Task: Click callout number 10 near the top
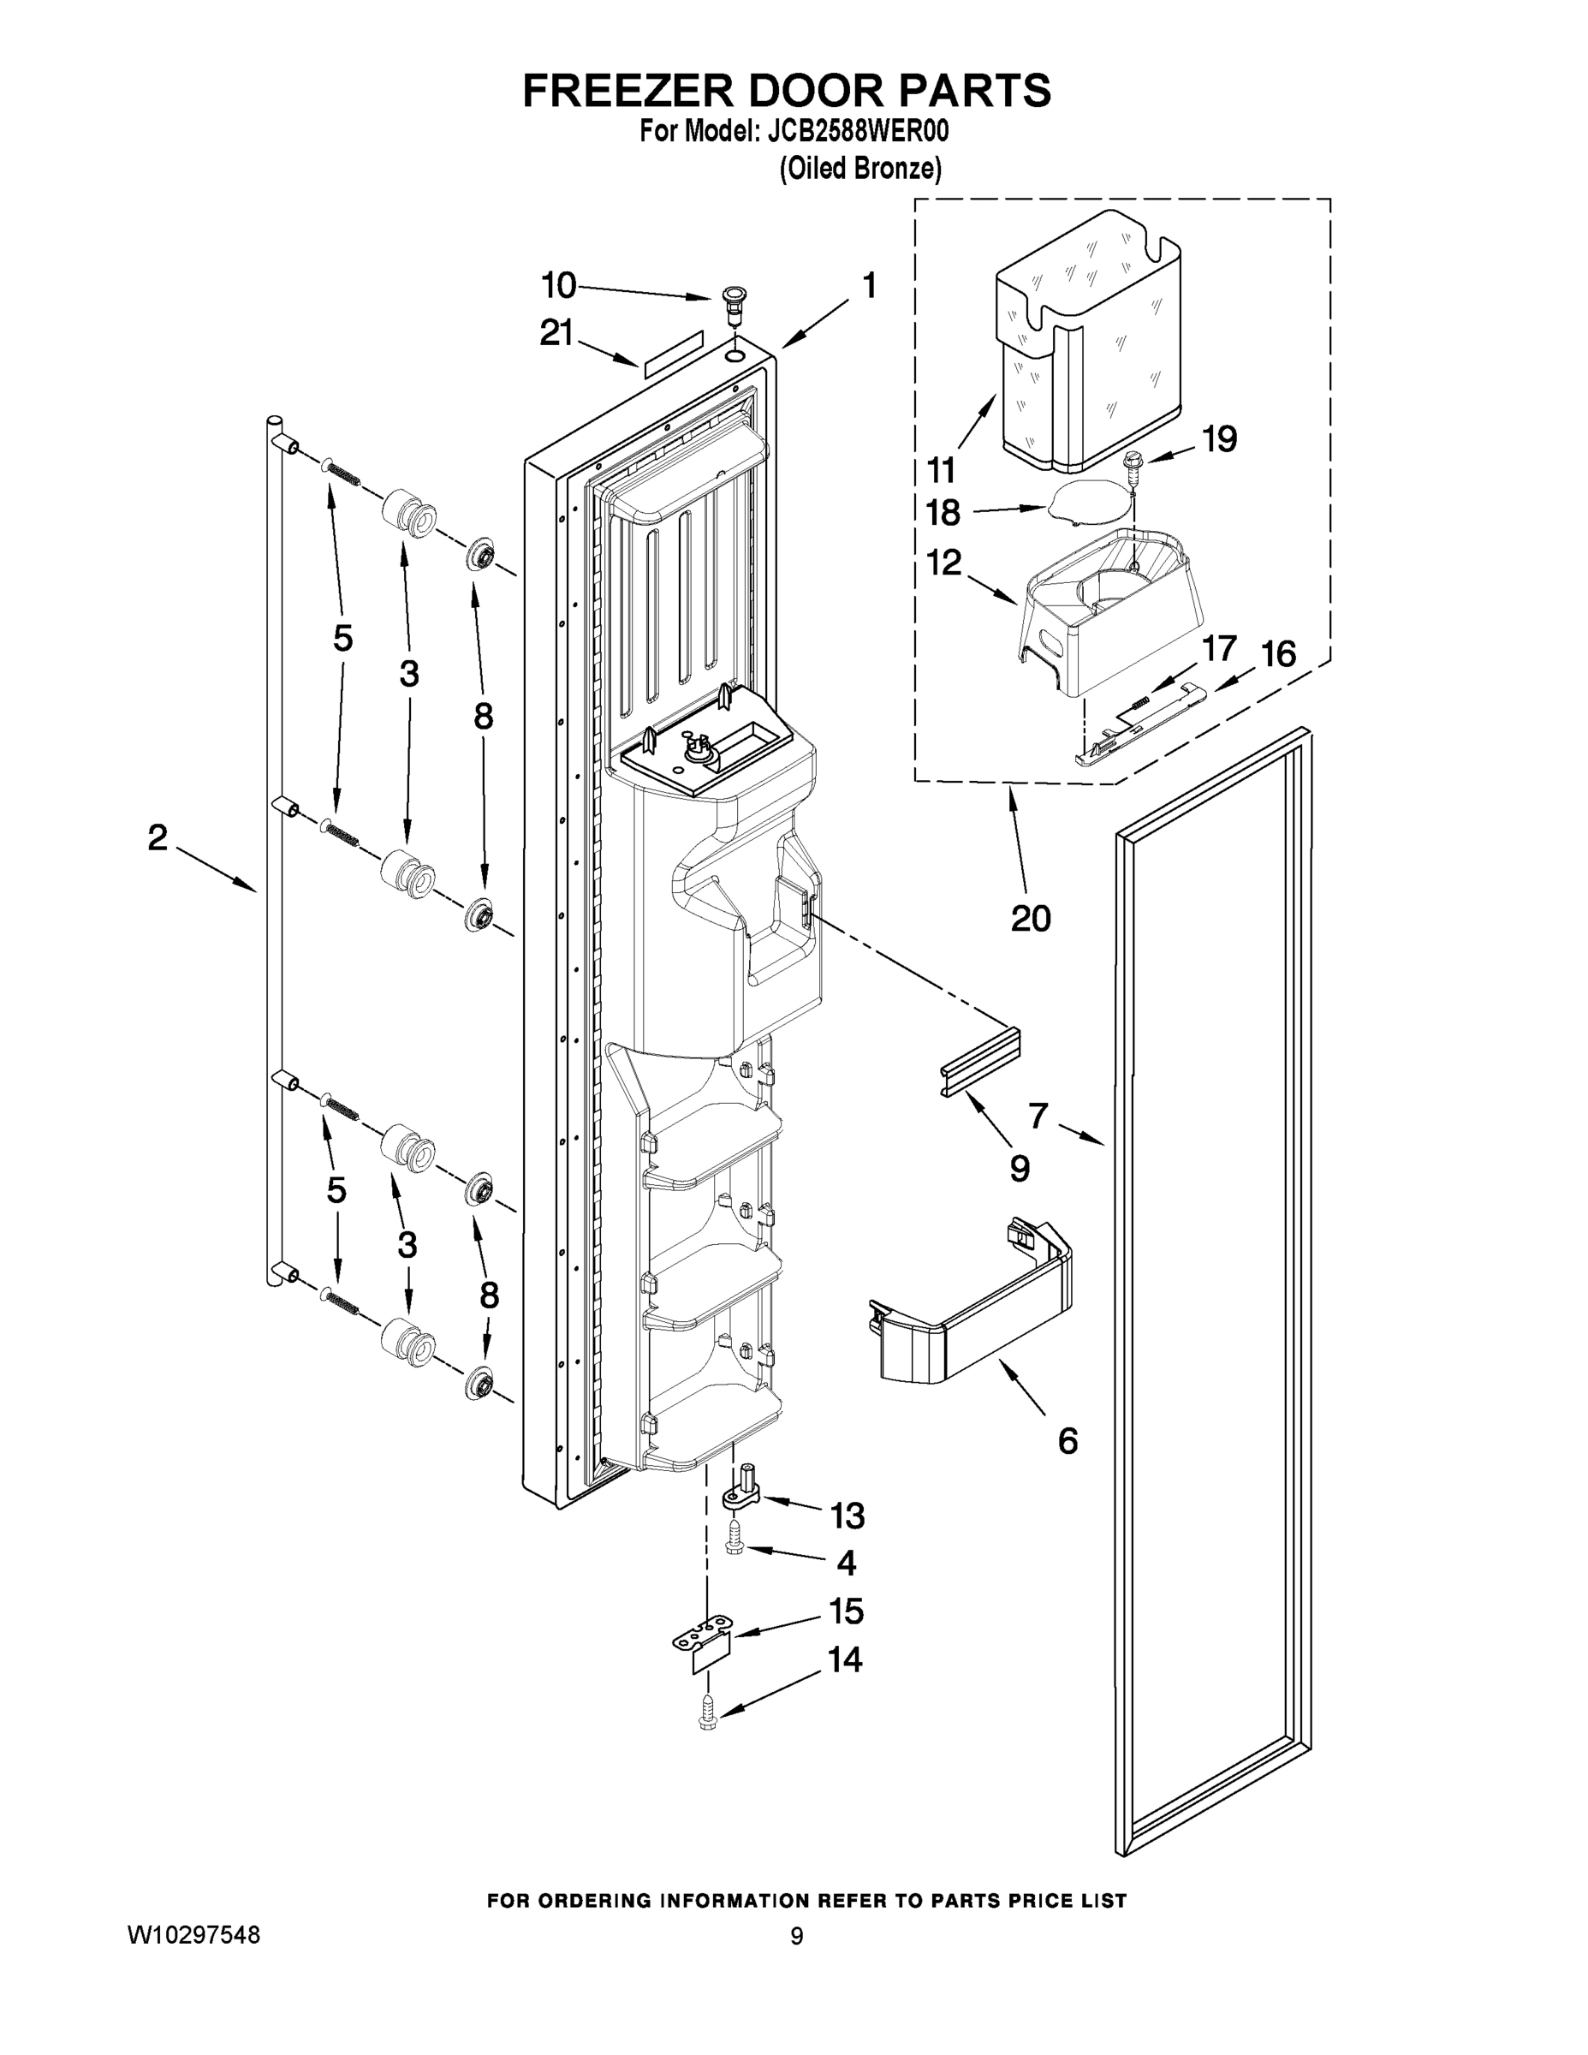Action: (x=558, y=284)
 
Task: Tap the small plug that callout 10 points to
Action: (x=730, y=303)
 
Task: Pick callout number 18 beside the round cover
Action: (x=943, y=513)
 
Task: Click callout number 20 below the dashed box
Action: (x=1030, y=917)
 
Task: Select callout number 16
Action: (x=1277, y=653)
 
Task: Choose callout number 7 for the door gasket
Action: (x=1038, y=1116)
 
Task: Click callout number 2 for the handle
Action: (x=158, y=837)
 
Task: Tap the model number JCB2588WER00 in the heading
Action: (x=858, y=132)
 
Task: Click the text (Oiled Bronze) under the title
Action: (x=859, y=169)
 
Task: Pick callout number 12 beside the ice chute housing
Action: (x=943, y=563)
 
